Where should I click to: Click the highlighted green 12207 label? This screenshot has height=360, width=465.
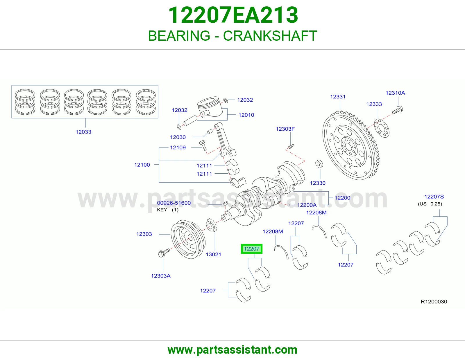tap(251, 249)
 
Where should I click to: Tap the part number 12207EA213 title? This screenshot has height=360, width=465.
tap(233, 15)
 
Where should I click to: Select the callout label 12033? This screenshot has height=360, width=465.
tap(83, 132)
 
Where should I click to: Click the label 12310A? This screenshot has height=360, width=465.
tap(395, 93)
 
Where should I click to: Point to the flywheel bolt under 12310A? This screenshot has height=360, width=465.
tap(398, 110)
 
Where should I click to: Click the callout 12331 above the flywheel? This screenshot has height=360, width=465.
tap(338, 97)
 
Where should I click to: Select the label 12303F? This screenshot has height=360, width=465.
tap(285, 129)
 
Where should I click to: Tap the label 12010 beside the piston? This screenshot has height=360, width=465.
tap(246, 115)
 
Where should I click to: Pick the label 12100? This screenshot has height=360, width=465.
tap(142, 165)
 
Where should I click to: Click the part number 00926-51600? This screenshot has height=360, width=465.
tap(174, 203)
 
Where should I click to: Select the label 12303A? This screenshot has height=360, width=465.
tap(161, 276)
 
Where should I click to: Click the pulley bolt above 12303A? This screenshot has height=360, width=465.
tap(164, 253)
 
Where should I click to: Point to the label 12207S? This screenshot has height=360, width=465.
tap(434, 197)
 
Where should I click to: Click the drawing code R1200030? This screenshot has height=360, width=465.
tap(434, 302)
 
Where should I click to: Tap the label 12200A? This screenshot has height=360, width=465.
tap(307, 205)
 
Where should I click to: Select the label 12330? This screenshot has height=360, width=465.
tap(318, 183)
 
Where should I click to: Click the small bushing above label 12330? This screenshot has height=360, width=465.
tap(319, 164)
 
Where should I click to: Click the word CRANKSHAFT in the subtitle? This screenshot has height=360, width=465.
tap(270, 36)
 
